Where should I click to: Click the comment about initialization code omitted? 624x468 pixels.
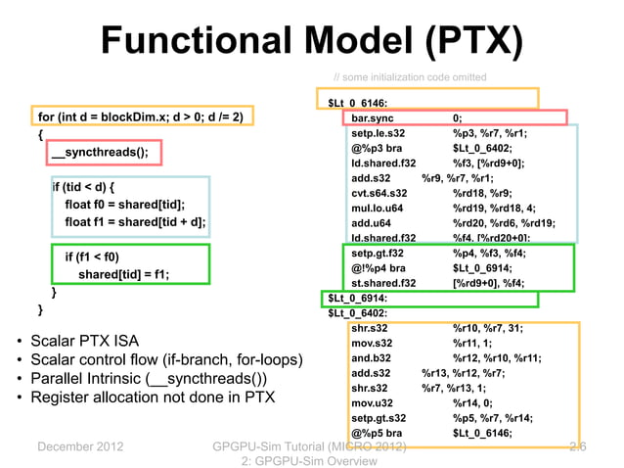point(410,77)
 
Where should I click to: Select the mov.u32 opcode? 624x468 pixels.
point(373,402)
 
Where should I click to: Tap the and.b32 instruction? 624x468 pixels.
point(371,357)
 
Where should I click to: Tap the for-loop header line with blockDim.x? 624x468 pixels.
point(140,117)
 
